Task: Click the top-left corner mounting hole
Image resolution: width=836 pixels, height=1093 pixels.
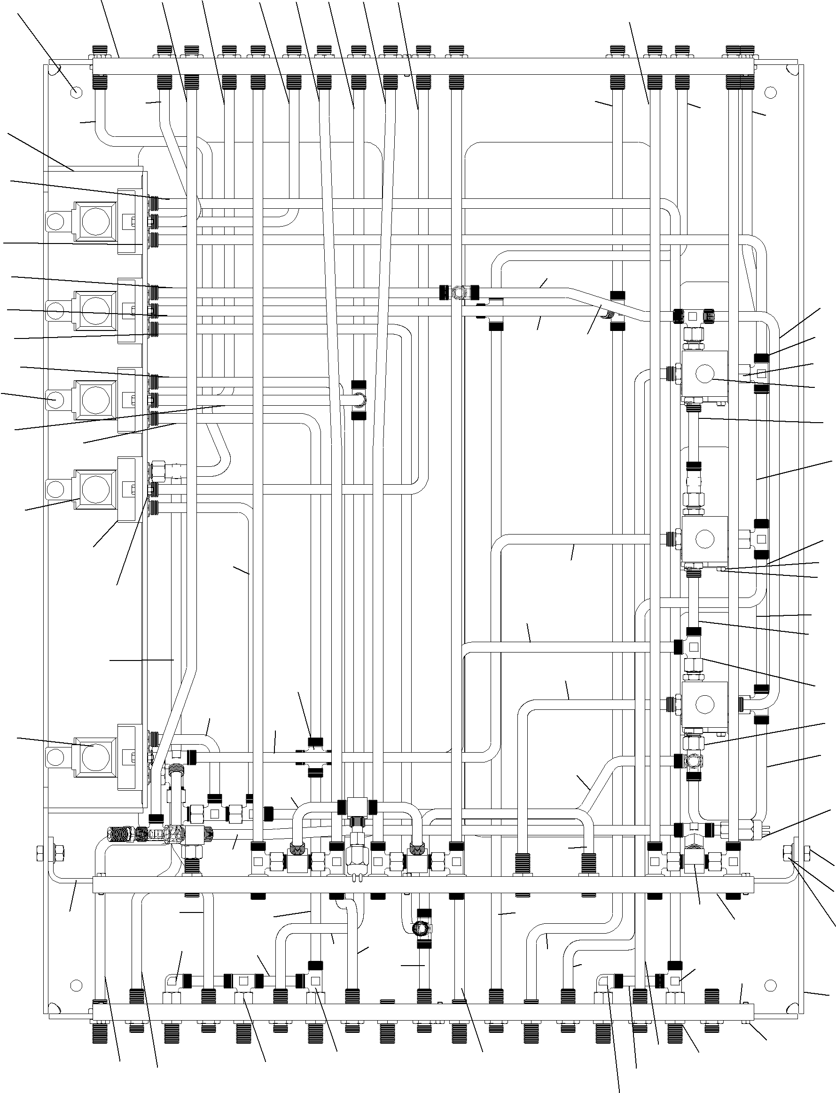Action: click(x=76, y=92)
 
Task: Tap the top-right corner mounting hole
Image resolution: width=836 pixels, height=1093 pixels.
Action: click(x=770, y=92)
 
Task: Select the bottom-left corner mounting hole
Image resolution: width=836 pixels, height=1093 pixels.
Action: click(x=76, y=984)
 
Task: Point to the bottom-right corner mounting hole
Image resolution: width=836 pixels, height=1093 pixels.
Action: click(x=770, y=984)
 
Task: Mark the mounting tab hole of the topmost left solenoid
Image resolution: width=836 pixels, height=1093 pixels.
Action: click(x=56, y=220)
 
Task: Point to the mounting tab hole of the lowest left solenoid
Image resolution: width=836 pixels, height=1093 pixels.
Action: click(x=56, y=756)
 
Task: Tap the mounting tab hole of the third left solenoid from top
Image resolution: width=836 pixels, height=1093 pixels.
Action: click(x=56, y=400)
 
